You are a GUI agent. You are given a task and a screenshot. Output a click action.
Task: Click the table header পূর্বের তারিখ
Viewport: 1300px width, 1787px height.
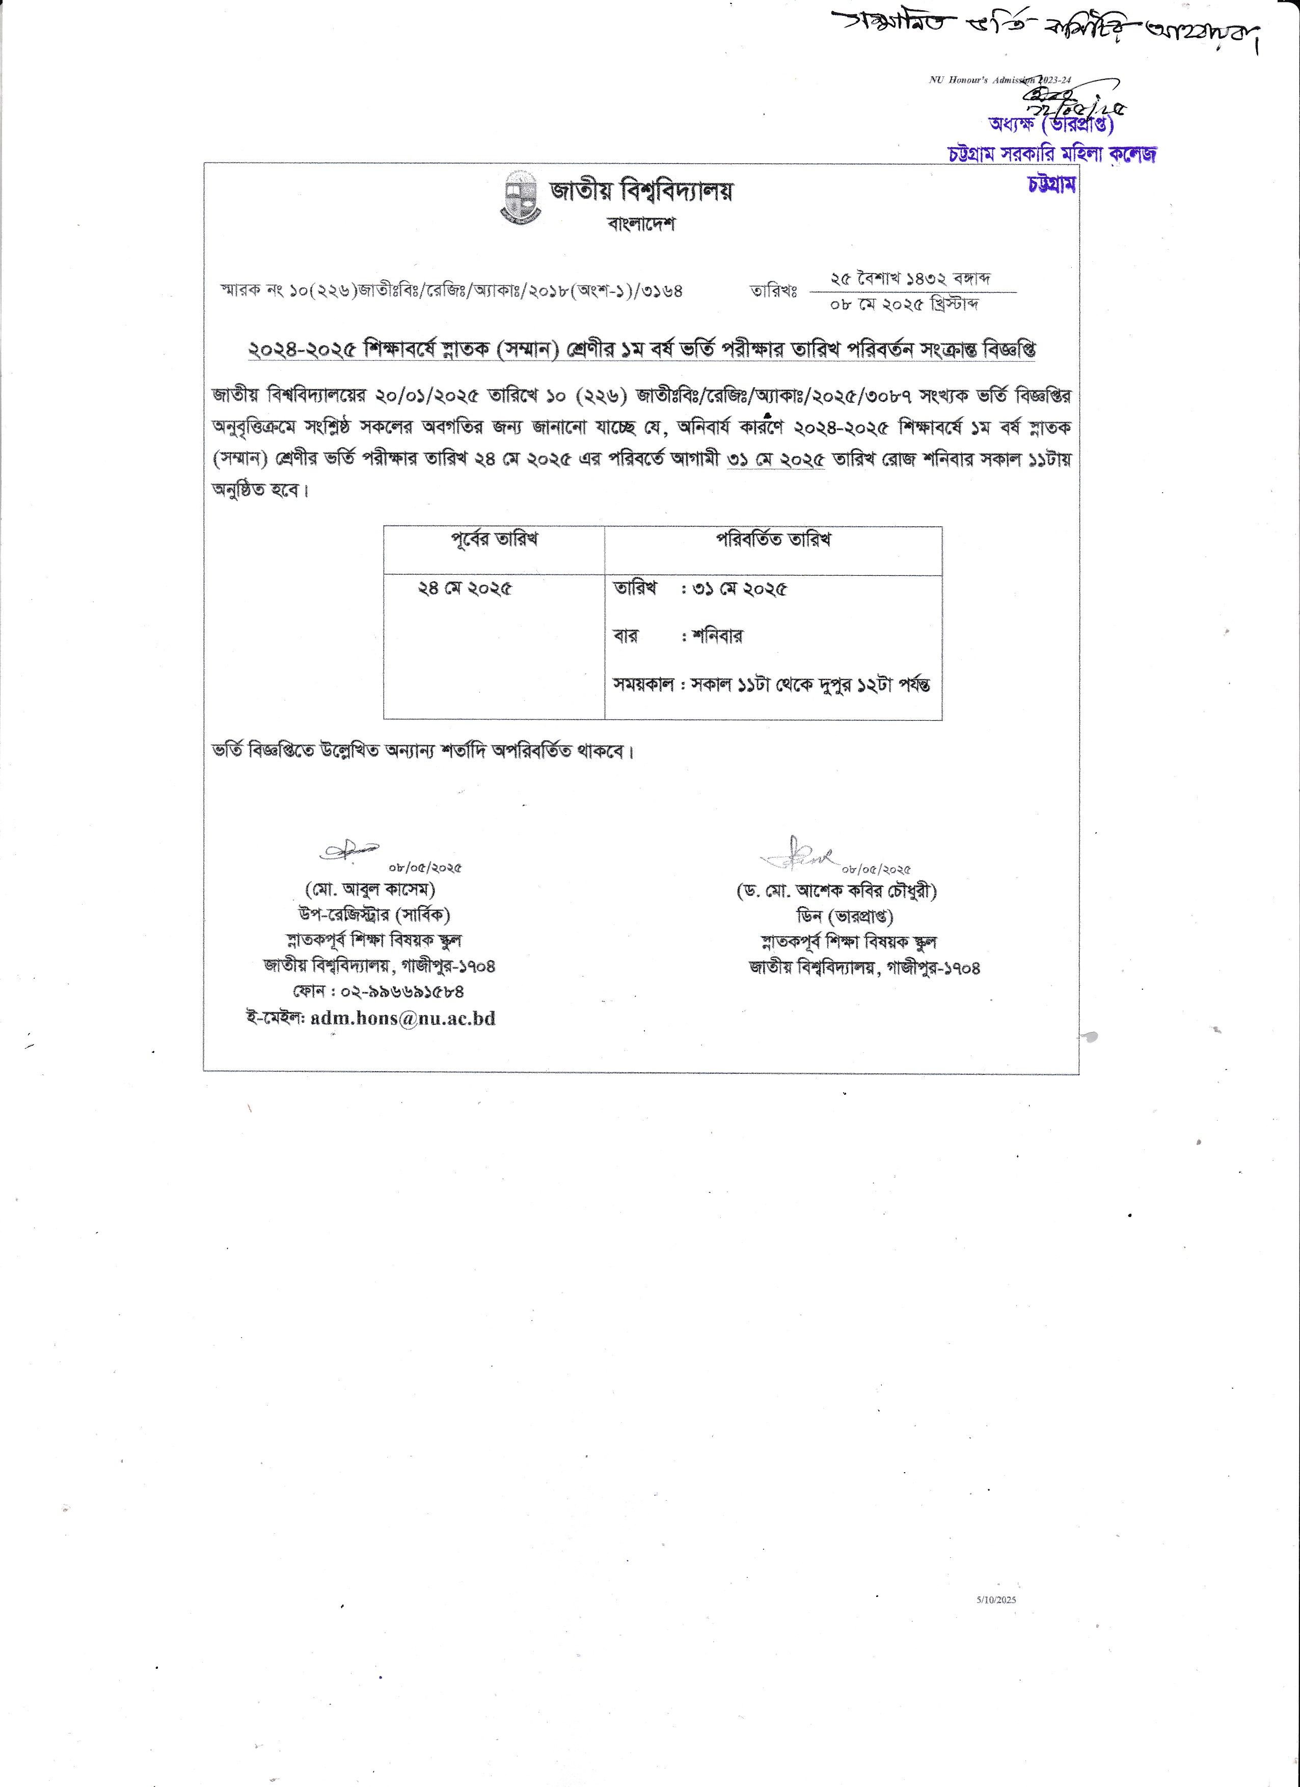click(x=494, y=540)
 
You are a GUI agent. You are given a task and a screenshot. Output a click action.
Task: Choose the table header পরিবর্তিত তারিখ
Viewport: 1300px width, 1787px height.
click(x=773, y=540)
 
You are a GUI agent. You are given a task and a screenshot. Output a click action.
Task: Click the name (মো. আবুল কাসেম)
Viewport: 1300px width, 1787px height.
click(x=370, y=889)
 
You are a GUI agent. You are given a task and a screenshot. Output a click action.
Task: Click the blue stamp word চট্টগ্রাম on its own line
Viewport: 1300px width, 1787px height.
click(x=1052, y=184)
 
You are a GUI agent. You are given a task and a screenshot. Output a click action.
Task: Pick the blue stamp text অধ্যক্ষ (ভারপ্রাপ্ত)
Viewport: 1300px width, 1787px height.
click(x=1051, y=124)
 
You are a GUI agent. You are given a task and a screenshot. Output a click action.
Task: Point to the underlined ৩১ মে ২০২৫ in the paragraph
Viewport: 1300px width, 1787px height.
click(x=775, y=460)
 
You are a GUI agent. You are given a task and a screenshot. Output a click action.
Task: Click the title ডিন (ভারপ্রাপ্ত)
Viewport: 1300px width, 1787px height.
click(x=845, y=916)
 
